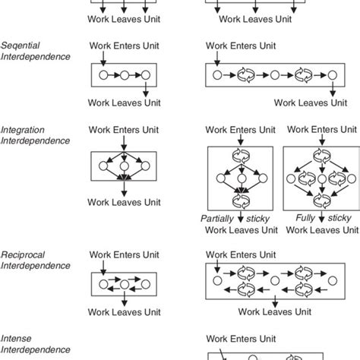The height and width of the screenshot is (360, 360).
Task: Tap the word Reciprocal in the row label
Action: [26, 254]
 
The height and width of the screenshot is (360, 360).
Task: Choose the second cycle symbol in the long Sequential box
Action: [302, 76]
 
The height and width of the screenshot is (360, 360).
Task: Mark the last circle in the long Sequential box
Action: [330, 76]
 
